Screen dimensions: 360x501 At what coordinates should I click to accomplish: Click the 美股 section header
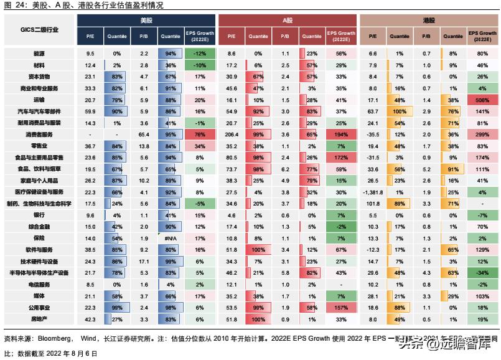tap(146, 20)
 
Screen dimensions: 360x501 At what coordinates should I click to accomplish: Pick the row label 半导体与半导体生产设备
tap(39, 273)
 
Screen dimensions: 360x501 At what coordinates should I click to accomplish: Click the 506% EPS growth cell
tap(482, 100)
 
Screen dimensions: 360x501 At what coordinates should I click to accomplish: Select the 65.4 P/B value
tap(144, 135)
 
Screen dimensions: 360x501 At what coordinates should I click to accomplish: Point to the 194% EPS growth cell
tap(340, 135)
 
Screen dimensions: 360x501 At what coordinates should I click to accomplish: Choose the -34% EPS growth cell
tap(482, 273)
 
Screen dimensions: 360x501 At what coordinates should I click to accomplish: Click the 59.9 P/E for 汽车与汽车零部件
tap(90, 111)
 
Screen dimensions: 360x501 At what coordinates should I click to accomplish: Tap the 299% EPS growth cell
tap(482, 135)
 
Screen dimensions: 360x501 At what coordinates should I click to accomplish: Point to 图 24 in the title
tap(12, 5)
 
